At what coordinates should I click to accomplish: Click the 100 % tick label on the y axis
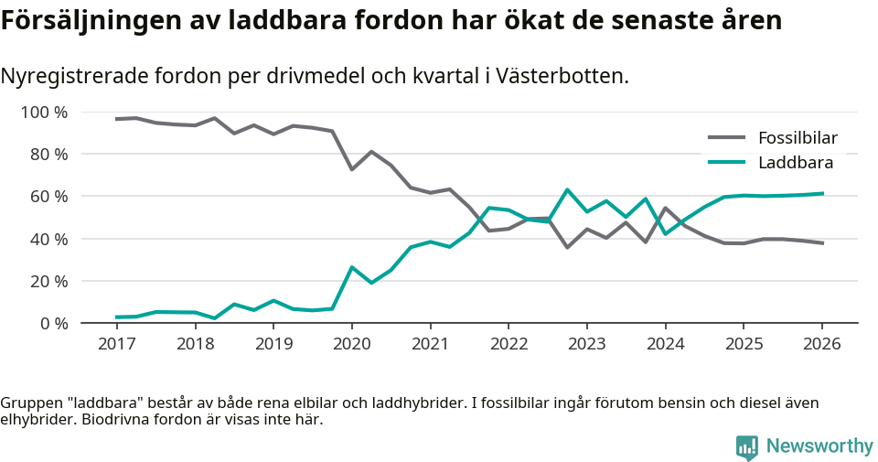pyautogui.click(x=44, y=113)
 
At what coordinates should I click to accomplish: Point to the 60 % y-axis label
pyautogui.click(x=48, y=197)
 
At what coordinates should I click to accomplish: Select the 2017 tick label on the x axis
pyautogui.click(x=116, y=344)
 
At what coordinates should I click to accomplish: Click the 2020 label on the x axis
pyautogui.click(x=351, y=344)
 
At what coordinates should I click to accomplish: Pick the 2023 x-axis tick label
pyautogui.click(x=586, y=344)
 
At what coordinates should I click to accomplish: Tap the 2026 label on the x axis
pyautogui.click(x=821, y=344)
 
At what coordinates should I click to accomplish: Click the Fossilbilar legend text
pyautogui.click(x=798, y=138)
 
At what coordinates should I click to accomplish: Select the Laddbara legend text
pyautogui.click(x=796, y=163)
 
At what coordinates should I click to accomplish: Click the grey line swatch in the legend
pyautogui.click(x=727, y=138)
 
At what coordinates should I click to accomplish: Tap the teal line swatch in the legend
pyautogui.click(x=727, y=163)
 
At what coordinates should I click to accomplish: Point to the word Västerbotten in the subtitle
pyautogui.click(x=563, y=76)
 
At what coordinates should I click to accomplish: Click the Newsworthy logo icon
pyautogui.click(x=747, y=446)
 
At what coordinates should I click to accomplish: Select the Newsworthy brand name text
pyautogui.click(x=819, y=446)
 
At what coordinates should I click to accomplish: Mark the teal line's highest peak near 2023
pyautogui.click(x=567, y=189)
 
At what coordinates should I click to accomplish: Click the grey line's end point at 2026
pyautogui.click(x=822, y=243)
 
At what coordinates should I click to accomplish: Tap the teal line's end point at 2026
pyautogui.click(x=822, y=193)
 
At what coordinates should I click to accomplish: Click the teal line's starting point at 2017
pyautogui.click(x=116, y=317)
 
